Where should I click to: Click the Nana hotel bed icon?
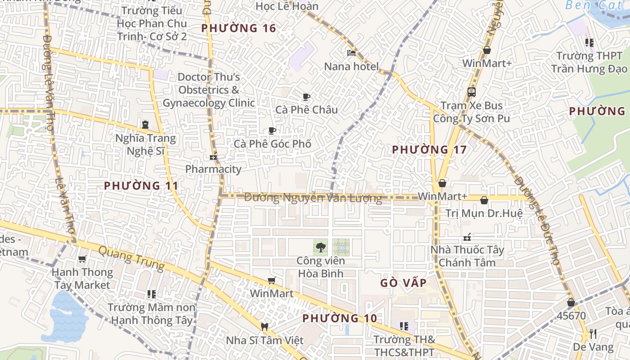click(x=351, y=53)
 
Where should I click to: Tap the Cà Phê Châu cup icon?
click(x=306, y=97)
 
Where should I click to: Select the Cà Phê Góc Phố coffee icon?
click(x=272, y=131)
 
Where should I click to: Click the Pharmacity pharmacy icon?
click(x=213, y=157)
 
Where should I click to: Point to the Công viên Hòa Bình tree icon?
click(x=320, y=247)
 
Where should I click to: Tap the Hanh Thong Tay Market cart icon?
click(x=82, y=259)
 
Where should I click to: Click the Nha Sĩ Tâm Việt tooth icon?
click(x=264, y=327)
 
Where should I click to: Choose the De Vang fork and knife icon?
click(x=593, y=334)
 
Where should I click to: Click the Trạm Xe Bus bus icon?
click(x=472, y=92)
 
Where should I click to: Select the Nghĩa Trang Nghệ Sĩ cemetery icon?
click(x=145, y=124)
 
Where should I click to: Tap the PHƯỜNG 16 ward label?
click(x=238, y=28)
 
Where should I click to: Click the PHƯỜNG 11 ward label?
click(x=141, y=185)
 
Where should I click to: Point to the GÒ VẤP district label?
click(x=403, y=283)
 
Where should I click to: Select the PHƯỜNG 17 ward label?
click(x=429, y=149)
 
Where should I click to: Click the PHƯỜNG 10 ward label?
click(x=339, y=318)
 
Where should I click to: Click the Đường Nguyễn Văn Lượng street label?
click(x=313, y=197)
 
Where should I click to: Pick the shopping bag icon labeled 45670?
click(x=571, y=302)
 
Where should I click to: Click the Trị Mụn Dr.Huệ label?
click(x=484, y=213)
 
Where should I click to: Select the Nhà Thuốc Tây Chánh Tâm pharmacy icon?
click(x=467, y=237)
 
